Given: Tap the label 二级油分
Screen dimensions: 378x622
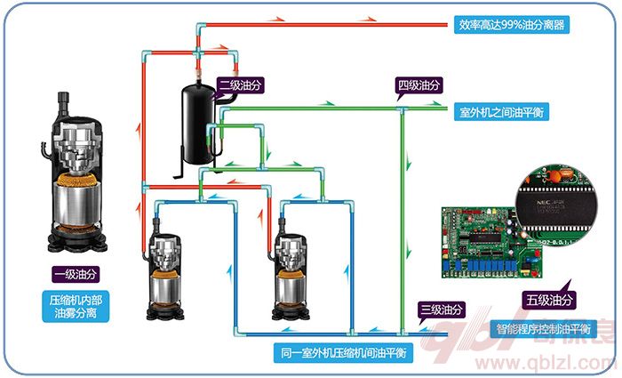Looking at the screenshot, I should (x=241, y=84).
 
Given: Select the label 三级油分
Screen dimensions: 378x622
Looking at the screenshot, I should (x=442, y=310).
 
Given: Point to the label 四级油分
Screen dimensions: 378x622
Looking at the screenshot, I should (x=419, y=86).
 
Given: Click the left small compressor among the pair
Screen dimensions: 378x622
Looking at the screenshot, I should (x=165, y=271).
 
